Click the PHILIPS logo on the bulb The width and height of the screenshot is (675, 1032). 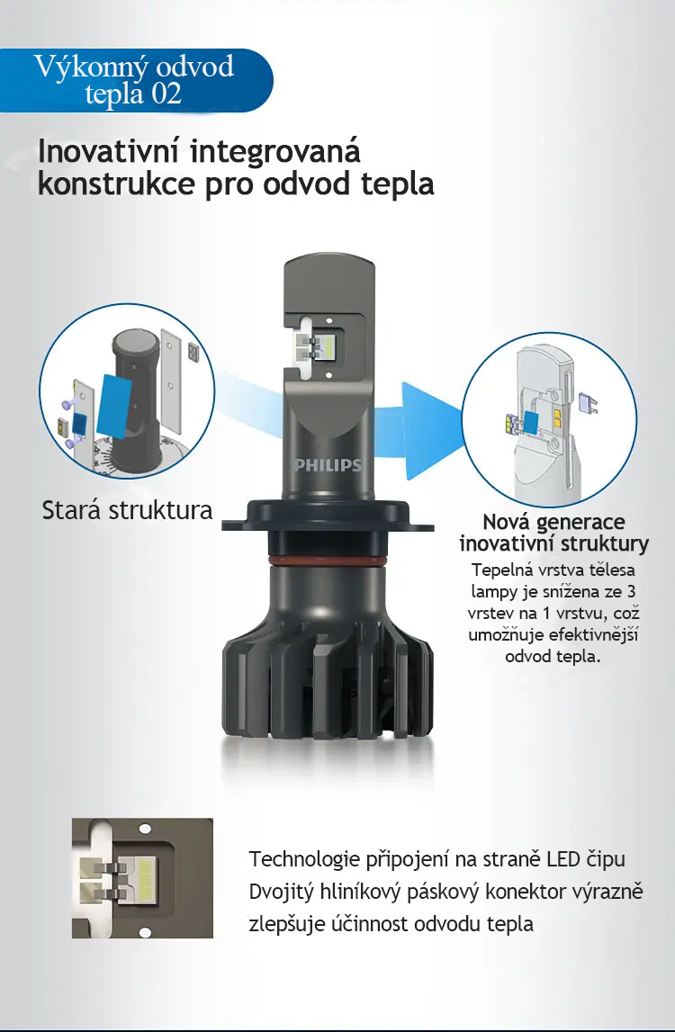pos(328,465)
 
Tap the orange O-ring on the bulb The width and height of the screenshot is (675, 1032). pos(328,561)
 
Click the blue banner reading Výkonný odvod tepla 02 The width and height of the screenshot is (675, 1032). pos(136,80)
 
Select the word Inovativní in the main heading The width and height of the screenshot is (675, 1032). pos(109,151)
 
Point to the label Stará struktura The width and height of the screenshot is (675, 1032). pos(127,511)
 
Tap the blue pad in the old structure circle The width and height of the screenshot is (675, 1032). pos(114,406)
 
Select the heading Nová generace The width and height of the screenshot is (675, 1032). pos(553,523)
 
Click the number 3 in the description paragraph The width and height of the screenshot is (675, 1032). pos(632,591)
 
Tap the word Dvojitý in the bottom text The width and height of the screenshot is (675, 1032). pos(281,893)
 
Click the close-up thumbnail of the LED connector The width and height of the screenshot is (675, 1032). pos(142,878)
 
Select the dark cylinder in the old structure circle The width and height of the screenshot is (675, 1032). pos(134,399)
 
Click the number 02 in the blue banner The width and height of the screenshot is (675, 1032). pos(166,94)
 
